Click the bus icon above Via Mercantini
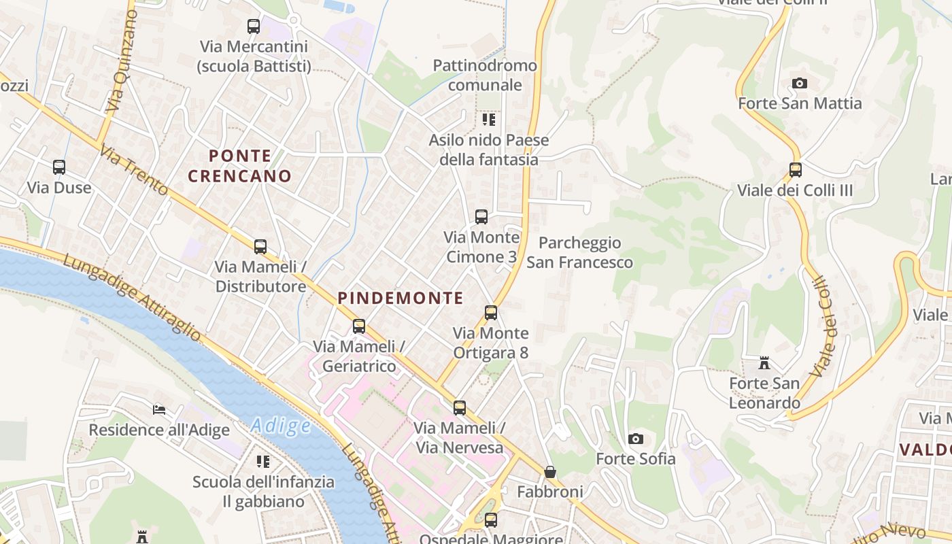tap(254, 27)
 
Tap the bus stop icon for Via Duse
tap(59, 167)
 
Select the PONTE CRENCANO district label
tap(239, 166)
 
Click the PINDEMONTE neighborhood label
tap(401, 298)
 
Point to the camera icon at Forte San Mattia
tap(800, 84)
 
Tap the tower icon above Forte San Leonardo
tap(764, 364)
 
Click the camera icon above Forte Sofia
tap(636, 439)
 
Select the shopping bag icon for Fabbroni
tap(550, 472)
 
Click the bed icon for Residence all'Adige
tap(159, 410)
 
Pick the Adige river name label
tap(281, 426)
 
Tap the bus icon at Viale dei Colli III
tap(795, 170)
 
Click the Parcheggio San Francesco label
tap(579, 252)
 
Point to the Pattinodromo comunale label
tap(485, 75)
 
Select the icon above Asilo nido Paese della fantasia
tap(488, 120)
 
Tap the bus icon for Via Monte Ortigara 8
tap(491, 313)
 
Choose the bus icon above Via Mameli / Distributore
tap(260, 247)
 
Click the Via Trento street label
tap(133, 170)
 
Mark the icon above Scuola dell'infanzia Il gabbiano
tap(263, 462)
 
